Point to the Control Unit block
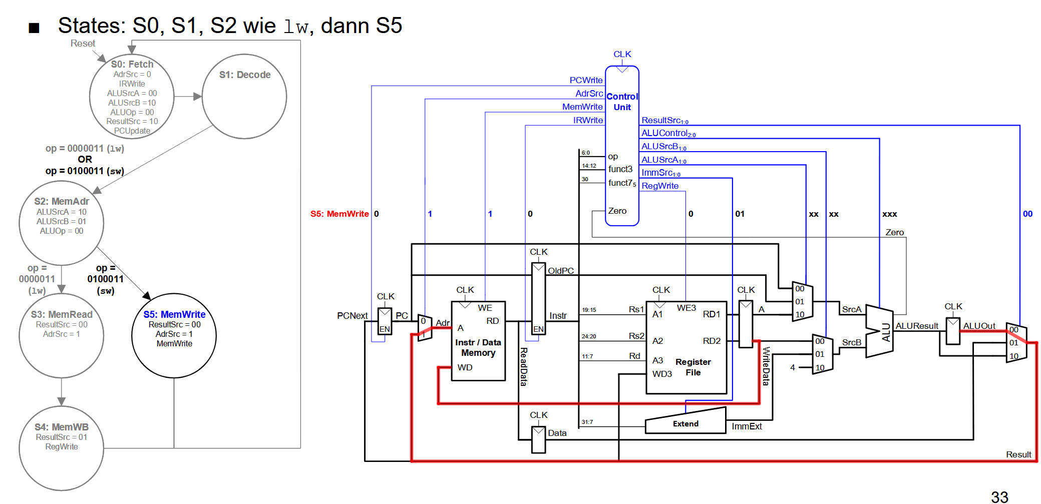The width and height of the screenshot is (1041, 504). (622, 146)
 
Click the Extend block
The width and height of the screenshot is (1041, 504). (685, 421)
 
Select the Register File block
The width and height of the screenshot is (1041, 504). (686, 347)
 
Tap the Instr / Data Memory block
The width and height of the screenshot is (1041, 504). (478, 341)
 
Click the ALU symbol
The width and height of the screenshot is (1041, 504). (879, 331)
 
